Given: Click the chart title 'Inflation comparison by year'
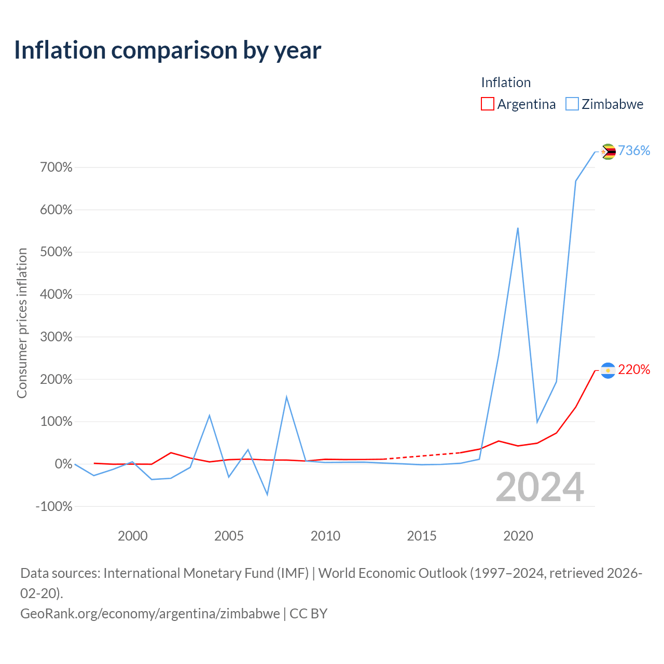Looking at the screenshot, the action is [168, 51].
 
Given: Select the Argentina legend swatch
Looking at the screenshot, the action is [487, 104].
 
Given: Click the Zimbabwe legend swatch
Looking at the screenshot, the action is [572, 104].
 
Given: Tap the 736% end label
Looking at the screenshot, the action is [634, 150].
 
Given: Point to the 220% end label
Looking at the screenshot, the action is [634, 369].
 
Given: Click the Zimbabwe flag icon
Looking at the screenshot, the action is [608, 151].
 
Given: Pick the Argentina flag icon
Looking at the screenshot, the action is [608, 370].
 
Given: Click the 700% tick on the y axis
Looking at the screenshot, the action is [56, 167].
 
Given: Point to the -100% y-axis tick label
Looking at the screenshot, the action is [54, 506].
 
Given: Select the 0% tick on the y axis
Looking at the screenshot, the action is [64, 464].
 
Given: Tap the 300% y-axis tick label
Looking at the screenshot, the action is [56, 337].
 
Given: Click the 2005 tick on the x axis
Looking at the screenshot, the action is [229, 536].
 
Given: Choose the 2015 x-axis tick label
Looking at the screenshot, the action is [421, 536].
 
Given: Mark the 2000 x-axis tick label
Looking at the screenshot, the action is [133, 536].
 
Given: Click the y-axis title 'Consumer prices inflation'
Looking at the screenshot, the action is [22, 323].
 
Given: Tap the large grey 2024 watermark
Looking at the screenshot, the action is [539, 487].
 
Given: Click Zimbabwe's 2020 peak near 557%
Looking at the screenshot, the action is [518, 228].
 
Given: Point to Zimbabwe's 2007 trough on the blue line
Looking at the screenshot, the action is [267, 495].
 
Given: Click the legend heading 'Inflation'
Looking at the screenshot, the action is [506, 82].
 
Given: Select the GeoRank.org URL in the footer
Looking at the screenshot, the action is [150, 614].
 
